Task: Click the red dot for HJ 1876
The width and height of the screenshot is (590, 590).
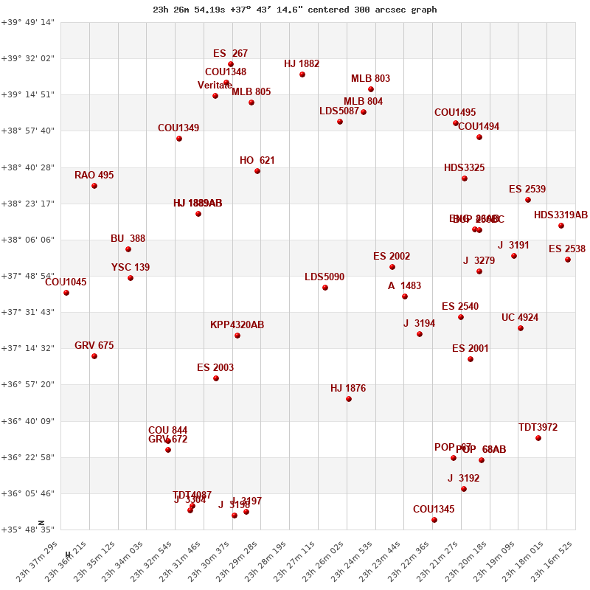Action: click(x=349, y=399)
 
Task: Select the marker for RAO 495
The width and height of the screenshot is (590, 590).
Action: click(x=94, y=186)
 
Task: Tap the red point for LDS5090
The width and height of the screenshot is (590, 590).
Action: click(x=325, y=288)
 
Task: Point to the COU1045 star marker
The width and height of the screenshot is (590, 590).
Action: click(x=66, y=293)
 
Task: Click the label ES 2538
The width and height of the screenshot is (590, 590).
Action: click(x=566, y=249)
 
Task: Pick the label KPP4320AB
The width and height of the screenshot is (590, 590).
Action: click(x=237, y=324)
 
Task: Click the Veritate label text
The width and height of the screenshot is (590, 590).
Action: click(x=215, y=86)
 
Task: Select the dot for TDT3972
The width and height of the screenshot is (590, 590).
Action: click(x=538, y=438)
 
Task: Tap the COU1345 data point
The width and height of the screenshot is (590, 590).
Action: click(x=434, y=520)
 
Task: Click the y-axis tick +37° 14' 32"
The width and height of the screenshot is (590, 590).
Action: click(x=28, y=348)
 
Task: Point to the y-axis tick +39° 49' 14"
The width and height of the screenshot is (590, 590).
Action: click(x=28, y=22)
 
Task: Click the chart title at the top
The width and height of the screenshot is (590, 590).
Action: click(x=295, y=10)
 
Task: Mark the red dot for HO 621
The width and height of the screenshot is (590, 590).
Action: click(x=257, y=171)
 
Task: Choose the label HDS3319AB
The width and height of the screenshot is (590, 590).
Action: click(x=560, y=215)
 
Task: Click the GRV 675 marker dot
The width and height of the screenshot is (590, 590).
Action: click(x=94, y=356)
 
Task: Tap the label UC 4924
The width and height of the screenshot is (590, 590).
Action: click(x=519, y=318)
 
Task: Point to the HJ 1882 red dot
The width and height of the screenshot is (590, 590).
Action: click(x=302, y=74)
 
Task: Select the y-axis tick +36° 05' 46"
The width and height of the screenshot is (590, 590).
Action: click(x=28, y=493)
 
